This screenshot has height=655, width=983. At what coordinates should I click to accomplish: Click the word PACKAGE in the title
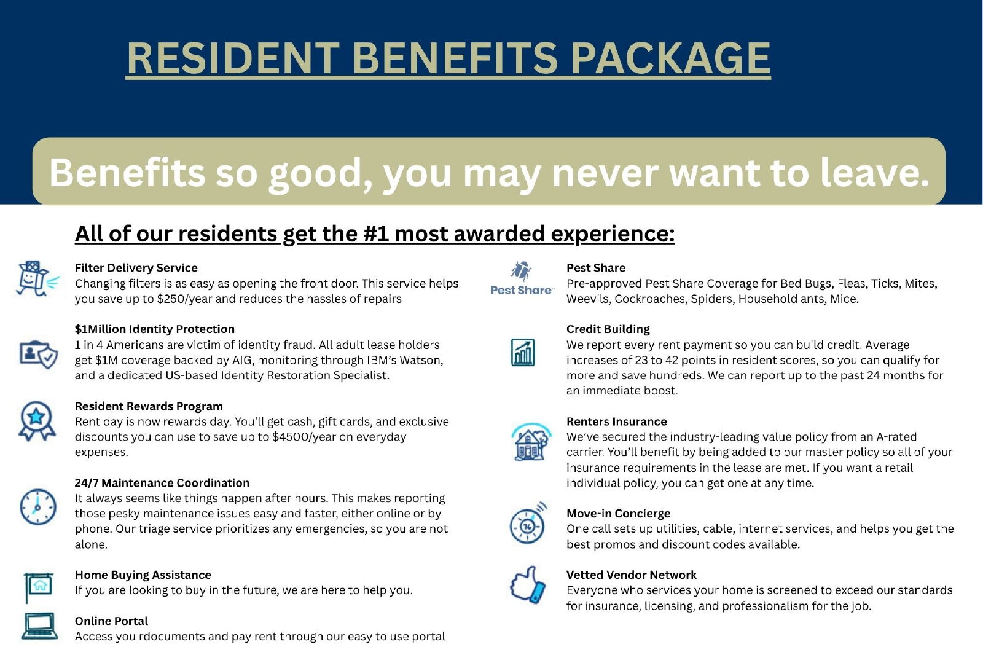click(x=670, y=58)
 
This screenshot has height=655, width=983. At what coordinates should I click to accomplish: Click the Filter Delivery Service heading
click(x=136, y=268)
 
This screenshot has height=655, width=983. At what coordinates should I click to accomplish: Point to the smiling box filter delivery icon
click(x=37, y=279)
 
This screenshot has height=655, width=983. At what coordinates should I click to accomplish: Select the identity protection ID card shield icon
click(x=39, y=354)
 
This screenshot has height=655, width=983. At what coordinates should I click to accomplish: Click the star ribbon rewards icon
click(x=37, y=421)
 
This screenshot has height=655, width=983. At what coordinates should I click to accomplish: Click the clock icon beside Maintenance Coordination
click(x=37, y=507)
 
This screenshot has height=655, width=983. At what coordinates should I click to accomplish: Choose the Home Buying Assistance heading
click(x=143, y=575)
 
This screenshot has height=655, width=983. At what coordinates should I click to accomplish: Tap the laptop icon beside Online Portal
click(x=39, y=627)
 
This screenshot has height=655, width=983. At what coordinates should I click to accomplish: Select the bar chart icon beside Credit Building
click(x=523, y=352)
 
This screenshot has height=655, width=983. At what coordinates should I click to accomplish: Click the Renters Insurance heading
click(x=617, y=422)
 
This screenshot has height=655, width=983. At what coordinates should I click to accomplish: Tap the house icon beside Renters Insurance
click(x=531, y=442)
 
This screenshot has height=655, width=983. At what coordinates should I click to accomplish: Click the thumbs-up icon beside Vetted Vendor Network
click(x=528, y=584)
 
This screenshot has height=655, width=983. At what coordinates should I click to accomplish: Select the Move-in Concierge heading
click(x=618, y=513)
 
